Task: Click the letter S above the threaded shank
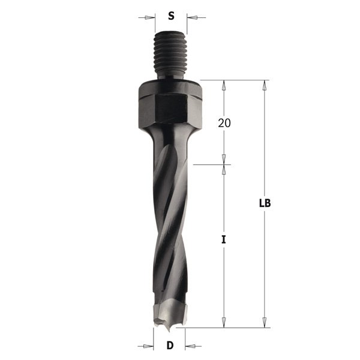[171, 16]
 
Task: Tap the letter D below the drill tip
[170, 346]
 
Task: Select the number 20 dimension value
[224, 123]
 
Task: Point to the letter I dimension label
[224, 239]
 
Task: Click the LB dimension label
[265, 203]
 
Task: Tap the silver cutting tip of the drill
[167, 314]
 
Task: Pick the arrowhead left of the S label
[150, 17]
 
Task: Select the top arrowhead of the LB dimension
[265, 85]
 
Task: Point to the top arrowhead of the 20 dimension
[224, 85]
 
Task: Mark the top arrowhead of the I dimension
[224, 169]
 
